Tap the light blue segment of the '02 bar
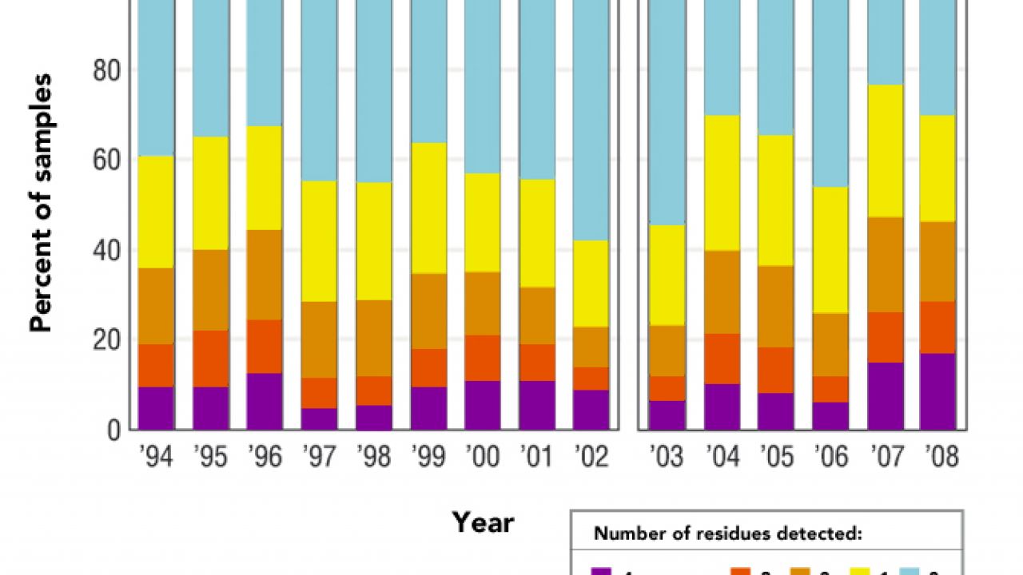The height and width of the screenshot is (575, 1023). [591, 120]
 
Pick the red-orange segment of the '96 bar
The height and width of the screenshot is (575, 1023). [265, 347]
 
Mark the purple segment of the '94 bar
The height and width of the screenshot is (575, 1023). [156, 408]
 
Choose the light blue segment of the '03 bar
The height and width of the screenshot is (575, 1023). [667, 112]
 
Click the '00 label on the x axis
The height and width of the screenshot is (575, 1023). [482, 456]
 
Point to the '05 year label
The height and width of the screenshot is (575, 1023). [776, 456]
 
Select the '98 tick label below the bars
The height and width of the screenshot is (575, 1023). [373, 456]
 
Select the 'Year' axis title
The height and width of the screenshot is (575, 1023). [483, 522]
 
